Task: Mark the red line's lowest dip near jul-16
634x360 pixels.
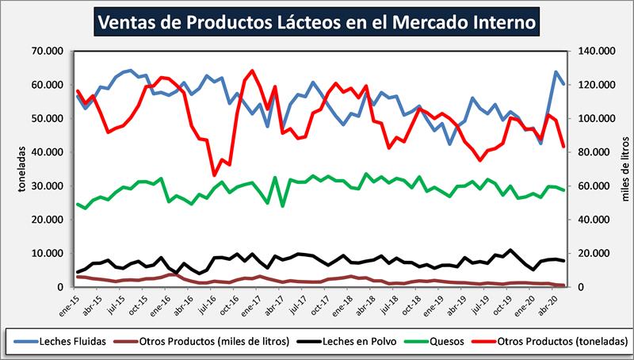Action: tap(214, 175)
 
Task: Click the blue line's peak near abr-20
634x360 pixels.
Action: tap(556, 72)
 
